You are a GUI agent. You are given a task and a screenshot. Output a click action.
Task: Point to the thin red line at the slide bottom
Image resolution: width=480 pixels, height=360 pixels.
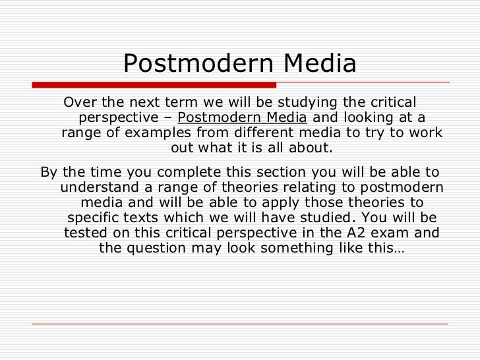click(x=240, y=324)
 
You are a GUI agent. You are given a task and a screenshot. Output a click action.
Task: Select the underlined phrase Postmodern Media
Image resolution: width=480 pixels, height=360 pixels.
click(x=242, y=118)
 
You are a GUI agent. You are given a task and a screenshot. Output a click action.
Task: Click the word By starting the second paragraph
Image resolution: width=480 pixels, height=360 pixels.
click(x=49, y=172)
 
